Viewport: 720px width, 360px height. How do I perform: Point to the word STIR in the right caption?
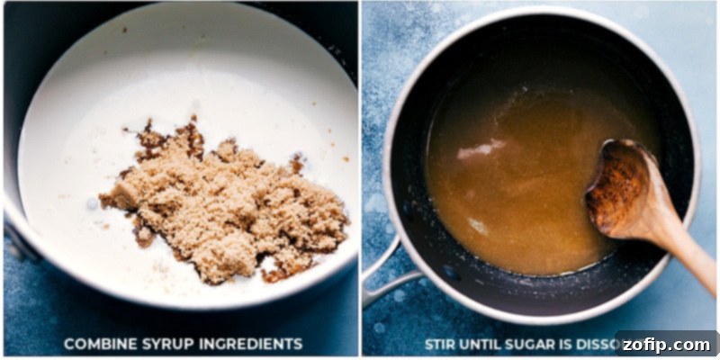[441, 343]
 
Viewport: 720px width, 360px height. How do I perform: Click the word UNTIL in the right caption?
[487, 343]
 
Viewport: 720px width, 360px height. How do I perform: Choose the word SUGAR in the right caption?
[541, 343]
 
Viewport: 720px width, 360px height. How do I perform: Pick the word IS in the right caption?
[580, 343]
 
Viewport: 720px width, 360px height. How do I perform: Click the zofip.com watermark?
[666, 344]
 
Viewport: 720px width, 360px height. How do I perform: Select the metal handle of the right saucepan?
[382, 279]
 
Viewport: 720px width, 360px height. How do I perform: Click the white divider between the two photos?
[359, 180]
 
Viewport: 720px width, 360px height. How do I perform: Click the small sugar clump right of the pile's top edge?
[296, 164]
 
